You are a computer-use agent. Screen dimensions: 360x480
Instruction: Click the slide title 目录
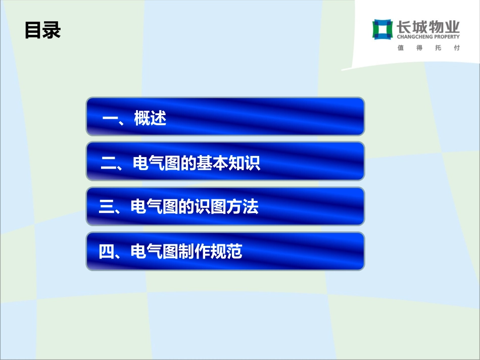click(x=42, y=30)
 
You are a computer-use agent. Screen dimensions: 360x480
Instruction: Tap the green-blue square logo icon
click(x=382, y=29)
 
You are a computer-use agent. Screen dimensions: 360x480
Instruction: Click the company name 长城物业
click(x=428, y=26)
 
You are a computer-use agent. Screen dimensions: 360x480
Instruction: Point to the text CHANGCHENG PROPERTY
click(x=428, y=37)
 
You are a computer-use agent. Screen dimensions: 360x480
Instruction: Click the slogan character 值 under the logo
click(x=401, y=48)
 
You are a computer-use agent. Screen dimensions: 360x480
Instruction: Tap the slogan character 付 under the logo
click(x=457, y=48)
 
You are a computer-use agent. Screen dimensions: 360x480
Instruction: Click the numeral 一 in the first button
click(x=110, y=119)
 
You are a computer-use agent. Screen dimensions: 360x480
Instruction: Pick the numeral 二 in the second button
click(x=109, y=164)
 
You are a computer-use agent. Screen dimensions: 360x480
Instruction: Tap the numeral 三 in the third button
click(x=107, y=207)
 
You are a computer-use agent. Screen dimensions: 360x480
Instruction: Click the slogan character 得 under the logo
click(x=420, y=48)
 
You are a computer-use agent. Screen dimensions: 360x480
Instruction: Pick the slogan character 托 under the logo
click(x=438, y=48)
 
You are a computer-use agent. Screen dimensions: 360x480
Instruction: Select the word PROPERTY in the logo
click(x=444, y=37)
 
